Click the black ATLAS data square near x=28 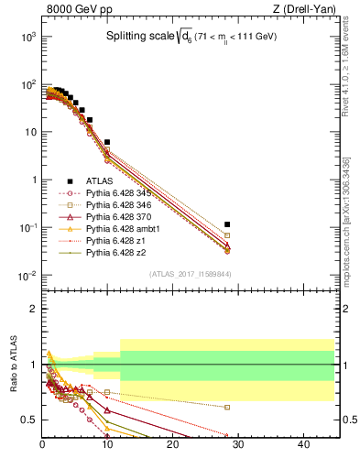pos(227,224)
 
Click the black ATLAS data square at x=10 pos(107,143)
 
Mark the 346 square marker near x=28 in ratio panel pos(227,407)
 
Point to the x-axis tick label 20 pos(173,445)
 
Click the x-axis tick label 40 pos(303,445)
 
